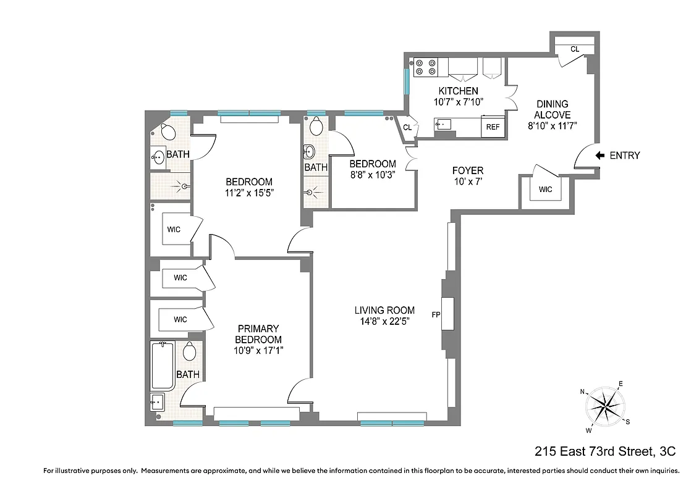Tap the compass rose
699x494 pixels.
606,406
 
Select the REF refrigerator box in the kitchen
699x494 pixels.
493,127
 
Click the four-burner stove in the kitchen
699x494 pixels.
426,67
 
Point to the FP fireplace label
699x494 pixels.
436,314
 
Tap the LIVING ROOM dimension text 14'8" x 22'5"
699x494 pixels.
384,321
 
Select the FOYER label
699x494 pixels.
468,170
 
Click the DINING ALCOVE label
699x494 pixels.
552,109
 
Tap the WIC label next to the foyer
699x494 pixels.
545,190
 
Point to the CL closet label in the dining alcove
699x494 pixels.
574,49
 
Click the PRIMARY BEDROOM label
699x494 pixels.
259,334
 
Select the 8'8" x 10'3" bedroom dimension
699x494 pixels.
372,174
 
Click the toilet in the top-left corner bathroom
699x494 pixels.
167,131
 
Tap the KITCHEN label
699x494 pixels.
458,91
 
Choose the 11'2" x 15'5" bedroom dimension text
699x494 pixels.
248,192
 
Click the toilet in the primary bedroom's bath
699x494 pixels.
189,352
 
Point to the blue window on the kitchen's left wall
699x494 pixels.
406,82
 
